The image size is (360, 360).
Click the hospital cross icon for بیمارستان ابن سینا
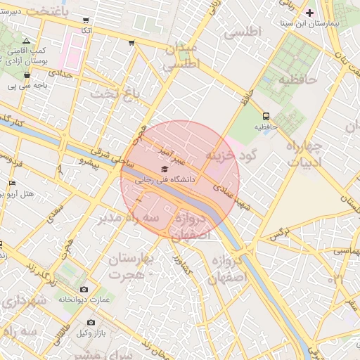[309, 13]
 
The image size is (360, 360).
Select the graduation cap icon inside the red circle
[165, 169]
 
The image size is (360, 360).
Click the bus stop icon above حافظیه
[266, 116]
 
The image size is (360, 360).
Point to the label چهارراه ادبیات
[303, 155]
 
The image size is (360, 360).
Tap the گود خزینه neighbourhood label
[231, 154]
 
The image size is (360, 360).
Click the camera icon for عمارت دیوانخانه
[84, 289]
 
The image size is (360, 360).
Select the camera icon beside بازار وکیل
[91, 322]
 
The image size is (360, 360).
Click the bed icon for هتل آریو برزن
[12, 183]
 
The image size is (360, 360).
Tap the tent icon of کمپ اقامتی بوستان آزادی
[27, 41]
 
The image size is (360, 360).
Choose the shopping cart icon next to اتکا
[86, 21]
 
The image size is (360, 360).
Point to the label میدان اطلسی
[182, 56]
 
